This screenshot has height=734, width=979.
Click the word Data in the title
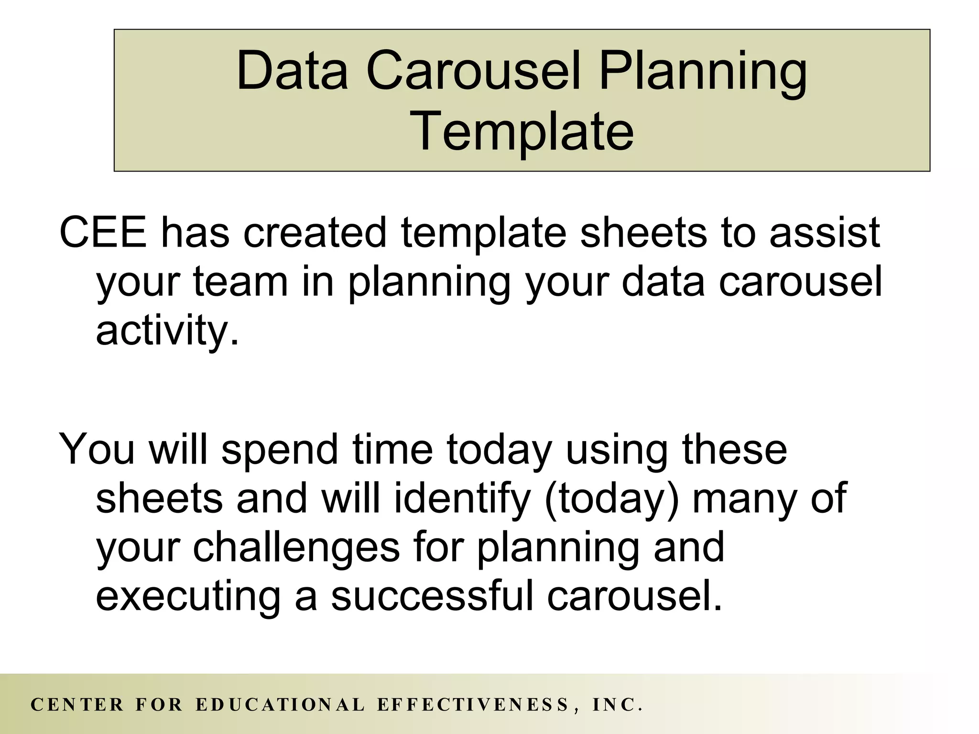click(292, 72)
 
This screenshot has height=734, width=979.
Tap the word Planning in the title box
click(703, 72)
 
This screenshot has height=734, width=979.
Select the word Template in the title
click(524, 130)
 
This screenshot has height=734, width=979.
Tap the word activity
click(166, 331)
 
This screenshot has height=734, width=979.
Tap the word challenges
click(296, 548)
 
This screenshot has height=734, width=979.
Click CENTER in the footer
click(77, 705)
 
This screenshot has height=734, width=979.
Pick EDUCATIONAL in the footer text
click(280, 705)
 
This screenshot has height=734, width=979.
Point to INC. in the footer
click(617, 705)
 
